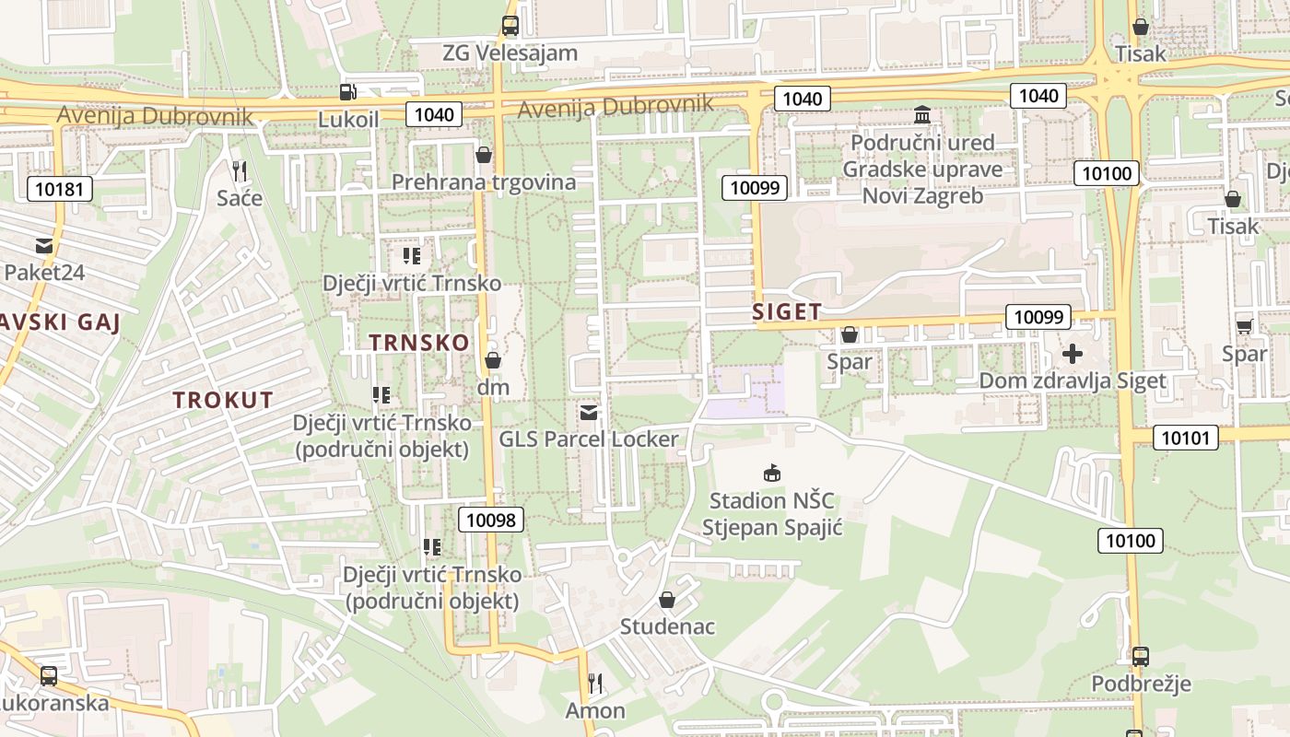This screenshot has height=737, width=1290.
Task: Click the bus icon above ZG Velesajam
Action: [510, 26]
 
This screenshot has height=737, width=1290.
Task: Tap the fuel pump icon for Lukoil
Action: [348, 91]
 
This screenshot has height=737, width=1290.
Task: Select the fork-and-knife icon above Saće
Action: [240, 170]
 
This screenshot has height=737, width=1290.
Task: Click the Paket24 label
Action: [44, 272]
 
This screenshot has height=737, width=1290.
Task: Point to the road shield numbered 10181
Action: [60, 190]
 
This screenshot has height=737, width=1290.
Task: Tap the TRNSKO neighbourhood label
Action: [419, 342]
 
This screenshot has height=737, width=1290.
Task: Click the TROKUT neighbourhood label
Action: [223, 400]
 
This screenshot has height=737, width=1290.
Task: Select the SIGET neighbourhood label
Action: [787, 311]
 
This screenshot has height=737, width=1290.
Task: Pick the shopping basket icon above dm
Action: [493, 360]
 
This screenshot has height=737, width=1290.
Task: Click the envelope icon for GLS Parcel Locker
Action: [589, 412]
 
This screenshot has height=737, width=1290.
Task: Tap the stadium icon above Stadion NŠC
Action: [772, 474]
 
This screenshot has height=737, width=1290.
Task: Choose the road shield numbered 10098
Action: [491, 520]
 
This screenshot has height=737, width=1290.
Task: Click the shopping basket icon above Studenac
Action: [667, 601]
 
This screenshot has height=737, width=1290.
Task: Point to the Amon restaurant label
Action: [595, 710]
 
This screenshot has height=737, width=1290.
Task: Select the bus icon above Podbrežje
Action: [1140, 657]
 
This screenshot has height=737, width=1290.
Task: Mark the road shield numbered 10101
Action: [1184, 438]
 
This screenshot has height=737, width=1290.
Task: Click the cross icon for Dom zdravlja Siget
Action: [1073, 354]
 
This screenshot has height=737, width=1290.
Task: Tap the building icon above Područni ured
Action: [922, 115]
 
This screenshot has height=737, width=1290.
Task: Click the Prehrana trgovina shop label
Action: [484, 181]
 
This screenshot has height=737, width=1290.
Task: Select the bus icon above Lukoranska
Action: [49, 676]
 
